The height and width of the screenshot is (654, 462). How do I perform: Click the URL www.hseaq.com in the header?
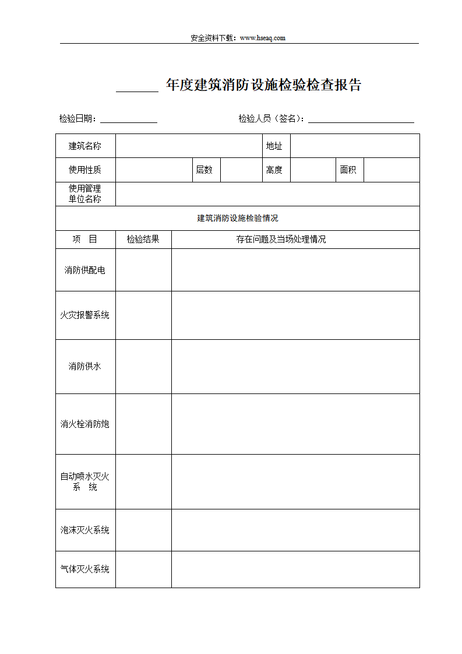coord(262,38)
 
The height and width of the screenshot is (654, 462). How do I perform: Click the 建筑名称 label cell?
coord(85,146)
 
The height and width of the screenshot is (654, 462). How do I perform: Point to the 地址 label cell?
coord(274,146)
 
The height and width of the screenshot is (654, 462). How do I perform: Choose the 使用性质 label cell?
coord(85,170)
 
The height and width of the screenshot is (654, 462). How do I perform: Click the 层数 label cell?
coord(204,170)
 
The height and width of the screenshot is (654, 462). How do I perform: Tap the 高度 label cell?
coord(274,170)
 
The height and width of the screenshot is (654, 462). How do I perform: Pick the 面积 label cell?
coord(348,170)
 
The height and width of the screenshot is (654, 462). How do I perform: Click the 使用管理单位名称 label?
coord(85,194)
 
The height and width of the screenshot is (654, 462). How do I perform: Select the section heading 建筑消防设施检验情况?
coord(238,218)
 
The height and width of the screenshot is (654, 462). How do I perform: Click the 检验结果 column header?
coord(143,239)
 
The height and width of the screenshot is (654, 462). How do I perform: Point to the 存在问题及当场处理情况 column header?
coord(281,239)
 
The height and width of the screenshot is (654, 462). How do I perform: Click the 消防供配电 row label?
coord(85,270)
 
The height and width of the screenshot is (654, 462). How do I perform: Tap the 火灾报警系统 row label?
coord(85,315)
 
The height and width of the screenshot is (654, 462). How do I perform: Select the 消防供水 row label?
coord(85,366)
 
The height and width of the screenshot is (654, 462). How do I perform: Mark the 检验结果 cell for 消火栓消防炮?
coord(143,424)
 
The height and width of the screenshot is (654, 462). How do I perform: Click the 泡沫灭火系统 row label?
coord(85,530)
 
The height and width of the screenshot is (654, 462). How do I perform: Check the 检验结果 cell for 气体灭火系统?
coord(143,569)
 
